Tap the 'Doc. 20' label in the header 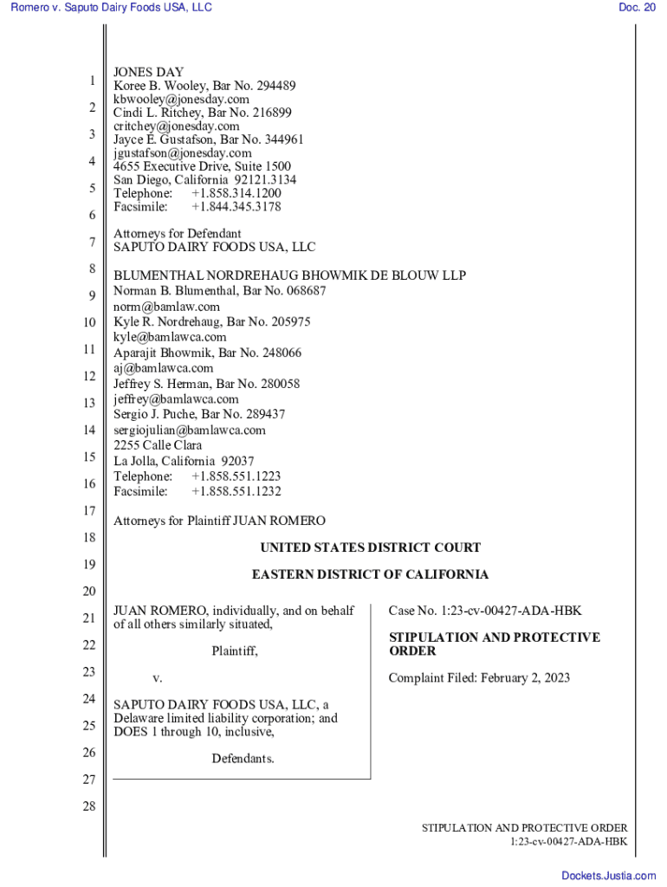point(637,8)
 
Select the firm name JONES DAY point(148,72)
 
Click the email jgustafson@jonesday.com point(183,152)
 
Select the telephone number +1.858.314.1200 point(236,193)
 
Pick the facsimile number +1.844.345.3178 point(236,207)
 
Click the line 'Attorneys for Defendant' point(178,233)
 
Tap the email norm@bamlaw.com point(166,307)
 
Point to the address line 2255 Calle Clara point(158,445)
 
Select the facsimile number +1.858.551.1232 point(236,491)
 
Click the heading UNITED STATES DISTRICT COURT point(370,547)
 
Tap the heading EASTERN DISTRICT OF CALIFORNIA point(370,574)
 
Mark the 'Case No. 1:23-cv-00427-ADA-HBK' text point(485,612)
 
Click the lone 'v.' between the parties point(158,677)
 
